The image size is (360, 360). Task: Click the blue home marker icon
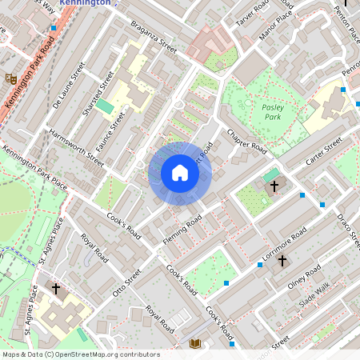[x=180, y=173]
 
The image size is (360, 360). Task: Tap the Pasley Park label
[x=276, y=111]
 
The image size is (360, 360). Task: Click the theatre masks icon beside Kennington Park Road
[x=11, y=78]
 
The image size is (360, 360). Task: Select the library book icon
[x=194, y=343]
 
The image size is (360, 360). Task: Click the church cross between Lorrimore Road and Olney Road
[x=282, y=261]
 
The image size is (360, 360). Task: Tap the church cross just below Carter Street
[x=274, y=186]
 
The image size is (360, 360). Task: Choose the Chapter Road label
[x=246, y=141]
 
